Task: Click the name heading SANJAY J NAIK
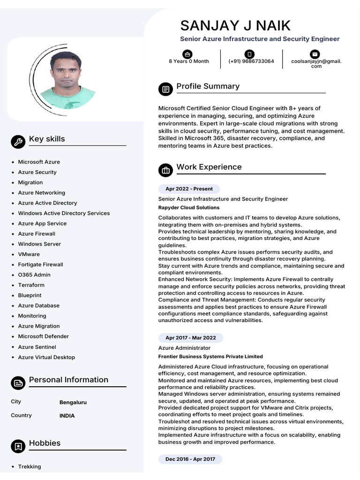pos(235,25)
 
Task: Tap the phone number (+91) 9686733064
pos(251,61)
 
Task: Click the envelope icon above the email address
pos(315,54)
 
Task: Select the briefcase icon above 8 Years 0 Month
pos(187,54)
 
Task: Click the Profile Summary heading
pos(208,86)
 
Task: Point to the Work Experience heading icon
pos(165,170)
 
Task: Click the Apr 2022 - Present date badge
pos(189,189)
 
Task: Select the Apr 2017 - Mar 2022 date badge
pos(190,338)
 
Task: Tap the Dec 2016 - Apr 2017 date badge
pos(190,459)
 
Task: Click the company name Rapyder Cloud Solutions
pos(188,208)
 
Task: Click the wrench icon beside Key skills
pos(18,142)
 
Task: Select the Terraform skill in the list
pos(31,285)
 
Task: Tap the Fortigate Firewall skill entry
pos(40,264)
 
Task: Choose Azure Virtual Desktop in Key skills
pos(46,357)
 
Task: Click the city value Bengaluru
pos(73,402)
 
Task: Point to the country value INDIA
pos(67,416)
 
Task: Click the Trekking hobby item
pos(29,466)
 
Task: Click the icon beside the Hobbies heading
pos(18,446)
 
